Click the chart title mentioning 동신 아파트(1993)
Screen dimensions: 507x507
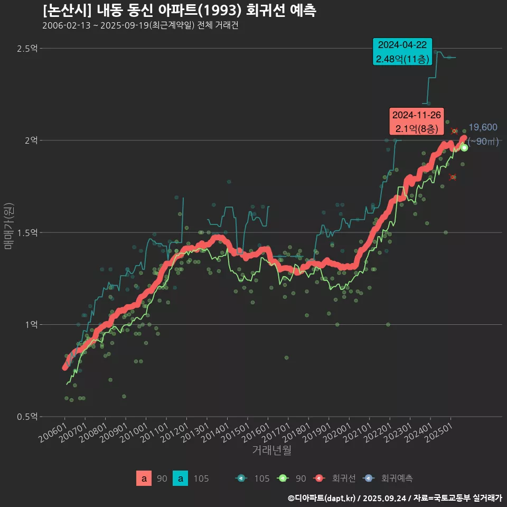pyautogui.click(x=180, y=11)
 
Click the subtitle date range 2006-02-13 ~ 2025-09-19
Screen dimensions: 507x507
pyautogui.click(x=95, y=25)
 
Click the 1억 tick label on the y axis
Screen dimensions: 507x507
pyautogui.click(x=31, y=325)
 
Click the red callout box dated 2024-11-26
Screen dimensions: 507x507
pyautogui.click(x=417, y=121)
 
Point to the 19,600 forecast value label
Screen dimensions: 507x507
pyautogui.click(x=483, y=127)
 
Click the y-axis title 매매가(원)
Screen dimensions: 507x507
pyautogui.click(x=9, y=226)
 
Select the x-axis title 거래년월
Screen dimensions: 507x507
pyautogui.click(x=271, y=450)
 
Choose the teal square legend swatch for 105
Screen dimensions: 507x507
pyautogui.click(x=181, y=478)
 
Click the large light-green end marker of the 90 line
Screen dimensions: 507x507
pyautogui.click(x=464, y=148)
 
